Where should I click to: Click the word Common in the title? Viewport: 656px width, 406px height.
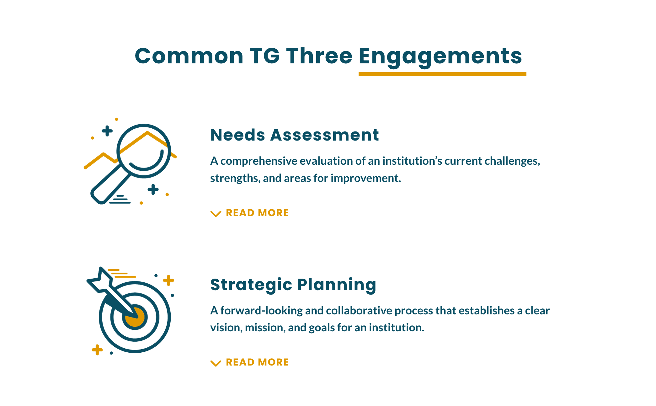point(189,56)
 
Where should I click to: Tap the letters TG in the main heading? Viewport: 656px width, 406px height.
point(265,56)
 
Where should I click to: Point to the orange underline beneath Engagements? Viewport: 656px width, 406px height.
point(442,74)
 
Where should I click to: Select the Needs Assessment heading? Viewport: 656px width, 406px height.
point(295,135)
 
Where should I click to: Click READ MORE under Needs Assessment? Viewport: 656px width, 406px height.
point(257,213)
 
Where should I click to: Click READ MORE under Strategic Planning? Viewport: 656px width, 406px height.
point(257,362)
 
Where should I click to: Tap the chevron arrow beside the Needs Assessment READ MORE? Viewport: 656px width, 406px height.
point(216,214)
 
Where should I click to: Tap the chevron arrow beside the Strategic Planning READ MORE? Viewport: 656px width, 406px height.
point(216,363)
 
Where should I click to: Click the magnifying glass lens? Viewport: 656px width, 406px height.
point(144,125)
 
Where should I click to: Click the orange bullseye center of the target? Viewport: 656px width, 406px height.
point(135,317)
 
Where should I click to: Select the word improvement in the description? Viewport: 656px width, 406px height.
point(366,179)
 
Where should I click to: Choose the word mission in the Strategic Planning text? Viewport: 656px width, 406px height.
point(265,328)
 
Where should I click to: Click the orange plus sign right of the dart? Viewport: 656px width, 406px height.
point(168,280)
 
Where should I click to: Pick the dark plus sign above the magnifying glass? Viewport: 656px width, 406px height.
point(107,131)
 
